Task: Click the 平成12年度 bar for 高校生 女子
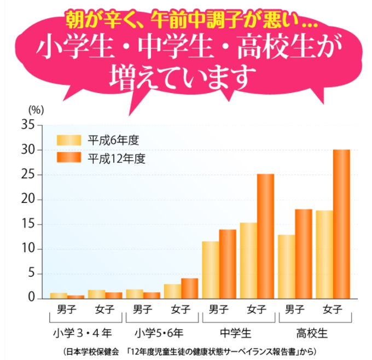pyautogui.click(x=341, y=224)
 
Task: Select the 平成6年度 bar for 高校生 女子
pyautogui.click(x=324, y=254)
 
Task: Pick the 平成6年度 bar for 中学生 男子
pyautogui.click(x=211, y=270)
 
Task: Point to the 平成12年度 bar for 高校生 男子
pyautogui.click(x=304, y=254)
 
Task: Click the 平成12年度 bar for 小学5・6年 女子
pyautogui.click(x=189, y=288)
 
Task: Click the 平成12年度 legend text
pyautogui.click(x=117, y=159)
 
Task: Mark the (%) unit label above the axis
pyautogui.click(x=35, y=109)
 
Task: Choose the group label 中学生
pyautogui.click(x=236, y=332)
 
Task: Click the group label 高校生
pyautogui.click(x=313, y=332)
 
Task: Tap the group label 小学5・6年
pyautogui.click(x=160, y=332)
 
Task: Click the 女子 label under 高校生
pyautogui.click(x=333, y=310)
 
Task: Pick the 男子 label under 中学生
pyautogui.click(x=218, y=310)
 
